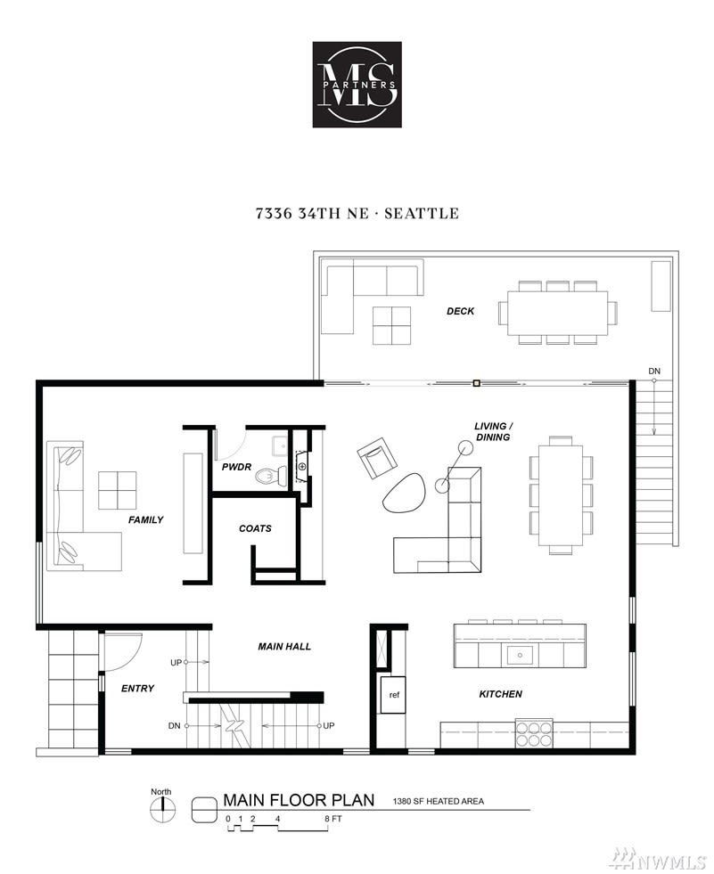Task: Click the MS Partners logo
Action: pyautogui.click(x=357, y=84)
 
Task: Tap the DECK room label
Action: pyautogui.click(x=460, y=311)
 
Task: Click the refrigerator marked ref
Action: pyautogui.click(x=394, y=694)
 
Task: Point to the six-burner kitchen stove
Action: pyautogui.click(x=534, y=733)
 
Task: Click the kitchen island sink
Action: pyautogui.click(x=520, y=655)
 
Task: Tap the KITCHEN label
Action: pyautogui.click(x=500, y=694)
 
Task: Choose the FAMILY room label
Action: pyautogui.click(x=145, y=519)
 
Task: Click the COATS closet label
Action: pyautogui.click(x=255, y=527)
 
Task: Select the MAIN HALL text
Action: pyautogui.click(x=284, y=647)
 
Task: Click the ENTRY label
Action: pyautogui.click(x=138, y=689)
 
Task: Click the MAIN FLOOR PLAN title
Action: pyautogui.click(x=299, y=800)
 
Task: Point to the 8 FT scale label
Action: pyautogui.click(x=333, y=819)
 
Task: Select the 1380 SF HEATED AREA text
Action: pyautogui.click(x=439, y=802)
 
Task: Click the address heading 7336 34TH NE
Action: pyautogui.click(x=312, y=214)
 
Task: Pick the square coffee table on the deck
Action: pyautogui.click(x=391, y=325)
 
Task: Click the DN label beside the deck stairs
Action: pyautogui.click(x=654, y=372)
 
